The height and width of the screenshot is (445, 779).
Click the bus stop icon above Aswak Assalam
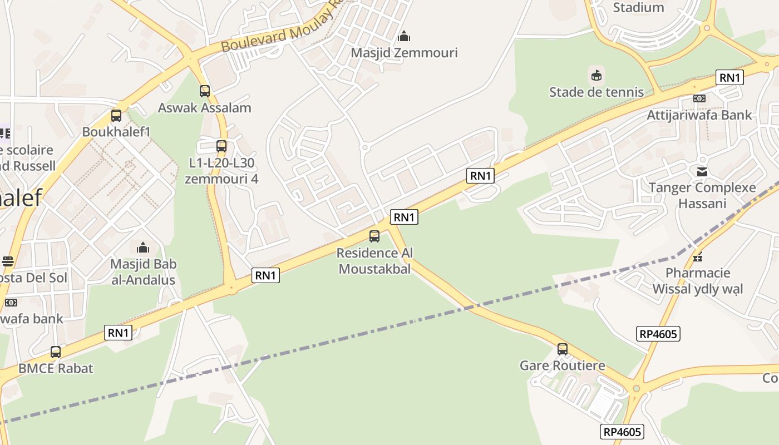pos(205,91)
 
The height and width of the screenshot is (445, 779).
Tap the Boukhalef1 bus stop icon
pos(116,116)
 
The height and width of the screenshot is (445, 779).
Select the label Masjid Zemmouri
pos(404,53)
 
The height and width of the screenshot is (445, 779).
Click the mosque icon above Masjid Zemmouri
pos(404,37)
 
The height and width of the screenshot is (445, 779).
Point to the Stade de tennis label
pos(596,92)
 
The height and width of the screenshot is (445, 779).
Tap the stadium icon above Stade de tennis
pos(596,75)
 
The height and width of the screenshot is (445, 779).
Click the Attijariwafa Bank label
pos(699,115)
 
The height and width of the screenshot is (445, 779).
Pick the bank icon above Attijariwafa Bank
pos(699,98)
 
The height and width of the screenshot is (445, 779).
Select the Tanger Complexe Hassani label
pos(702,195)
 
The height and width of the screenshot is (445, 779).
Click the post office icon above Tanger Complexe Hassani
pos(702,171)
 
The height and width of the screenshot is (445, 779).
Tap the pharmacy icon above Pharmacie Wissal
pos(698,256)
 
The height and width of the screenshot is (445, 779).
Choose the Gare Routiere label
pos(562,365)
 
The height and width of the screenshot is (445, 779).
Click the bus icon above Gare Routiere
pos(563,349)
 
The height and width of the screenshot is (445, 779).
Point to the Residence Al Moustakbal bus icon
pos(374,236)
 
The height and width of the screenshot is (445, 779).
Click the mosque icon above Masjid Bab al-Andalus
pos(143,247)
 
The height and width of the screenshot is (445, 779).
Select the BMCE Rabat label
pos(56,368)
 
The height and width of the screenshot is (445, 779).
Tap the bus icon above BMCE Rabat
pos(56,352)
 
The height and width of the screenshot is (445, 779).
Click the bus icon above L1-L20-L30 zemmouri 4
pos(221,147)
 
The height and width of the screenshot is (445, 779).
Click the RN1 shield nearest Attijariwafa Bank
pos(730,78)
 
